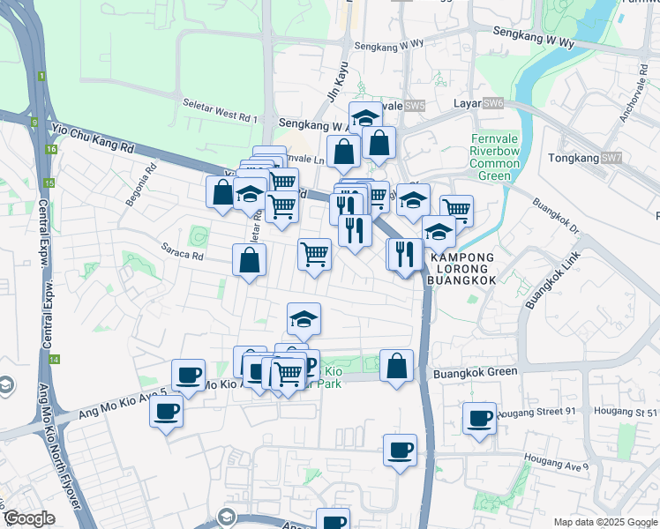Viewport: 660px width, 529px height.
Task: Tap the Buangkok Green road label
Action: [476, 372]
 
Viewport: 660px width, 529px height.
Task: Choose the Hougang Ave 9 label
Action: [556, 460]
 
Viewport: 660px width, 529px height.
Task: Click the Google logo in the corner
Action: [29, 519]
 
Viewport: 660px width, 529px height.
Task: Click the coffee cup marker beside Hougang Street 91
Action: [480, 417]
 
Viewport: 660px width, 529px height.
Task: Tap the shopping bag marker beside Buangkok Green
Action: [397, 364]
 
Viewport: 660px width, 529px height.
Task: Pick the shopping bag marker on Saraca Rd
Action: [250, 259]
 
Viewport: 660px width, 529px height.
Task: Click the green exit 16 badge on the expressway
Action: [52, 149]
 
